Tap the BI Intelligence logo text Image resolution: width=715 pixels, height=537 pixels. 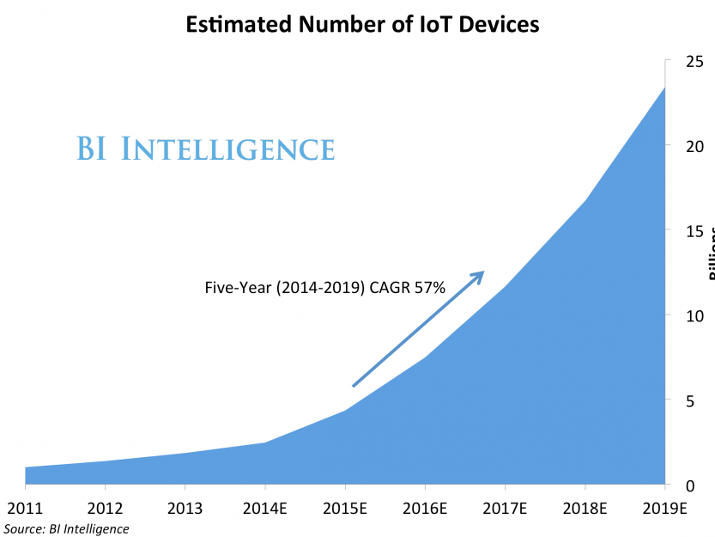205,149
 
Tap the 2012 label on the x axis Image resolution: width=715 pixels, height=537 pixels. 105,509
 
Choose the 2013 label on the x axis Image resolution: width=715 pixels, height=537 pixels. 185,509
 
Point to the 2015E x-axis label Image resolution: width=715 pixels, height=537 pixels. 345,509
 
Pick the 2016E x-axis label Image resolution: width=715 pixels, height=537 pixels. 425,509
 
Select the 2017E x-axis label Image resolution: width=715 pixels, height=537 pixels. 505,509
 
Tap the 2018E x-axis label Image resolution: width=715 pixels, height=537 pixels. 585,509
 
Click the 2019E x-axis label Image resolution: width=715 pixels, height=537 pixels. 665,509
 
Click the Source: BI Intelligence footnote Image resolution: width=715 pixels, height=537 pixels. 67,528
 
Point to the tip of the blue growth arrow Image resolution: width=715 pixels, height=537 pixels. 483,272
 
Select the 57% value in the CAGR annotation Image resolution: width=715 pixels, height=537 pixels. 428,289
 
